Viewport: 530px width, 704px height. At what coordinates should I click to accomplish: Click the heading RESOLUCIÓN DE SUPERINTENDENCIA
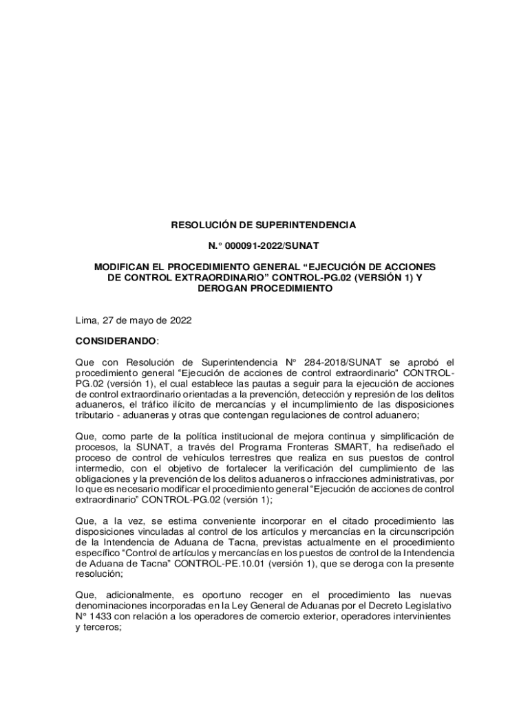[x=264, y=225]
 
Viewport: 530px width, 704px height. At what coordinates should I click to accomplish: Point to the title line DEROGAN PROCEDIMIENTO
[x=265, y=289]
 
